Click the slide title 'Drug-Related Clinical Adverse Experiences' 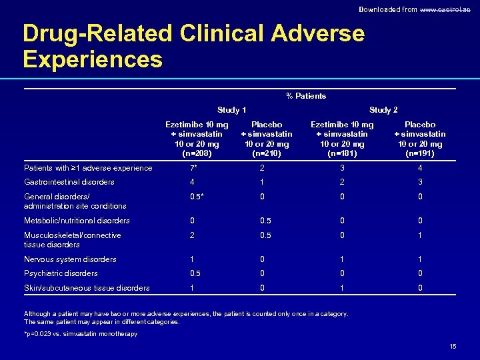(x=193, y=46)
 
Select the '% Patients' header (x=306, y=96)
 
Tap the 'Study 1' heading (x=232, y=110)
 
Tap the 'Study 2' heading (x=383, y=110)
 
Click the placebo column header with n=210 (x=267, y=139)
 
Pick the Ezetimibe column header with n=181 (x=343, y=139)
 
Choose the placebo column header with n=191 (x=420, y=139)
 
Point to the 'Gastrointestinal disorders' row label (x=69, y=182)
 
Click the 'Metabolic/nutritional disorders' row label (x=77, y=221)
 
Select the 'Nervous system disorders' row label (x=70, y=259)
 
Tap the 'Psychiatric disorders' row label (x=61, y=273)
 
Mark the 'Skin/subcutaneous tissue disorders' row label (x=87, y=288)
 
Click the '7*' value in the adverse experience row (x=192, y=168)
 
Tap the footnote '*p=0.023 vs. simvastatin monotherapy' (x=81, y=334)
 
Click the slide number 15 (x=453, y=347)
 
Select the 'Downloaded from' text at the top (x=387, y=9)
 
